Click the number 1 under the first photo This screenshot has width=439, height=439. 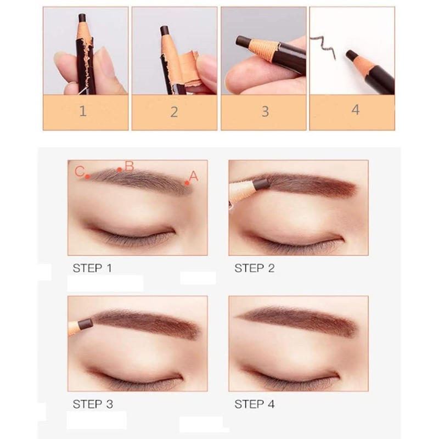pos(83,111)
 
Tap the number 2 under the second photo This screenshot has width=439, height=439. pos(174,112)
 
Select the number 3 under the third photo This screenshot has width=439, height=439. pos(265,111)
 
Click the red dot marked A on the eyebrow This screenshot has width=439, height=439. pos(187,183)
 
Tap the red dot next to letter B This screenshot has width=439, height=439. pos(120,170)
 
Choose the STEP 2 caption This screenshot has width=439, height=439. pos(254,268)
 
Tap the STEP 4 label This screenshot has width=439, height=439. pos(254,404)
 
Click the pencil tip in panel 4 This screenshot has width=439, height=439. pos(350,55)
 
